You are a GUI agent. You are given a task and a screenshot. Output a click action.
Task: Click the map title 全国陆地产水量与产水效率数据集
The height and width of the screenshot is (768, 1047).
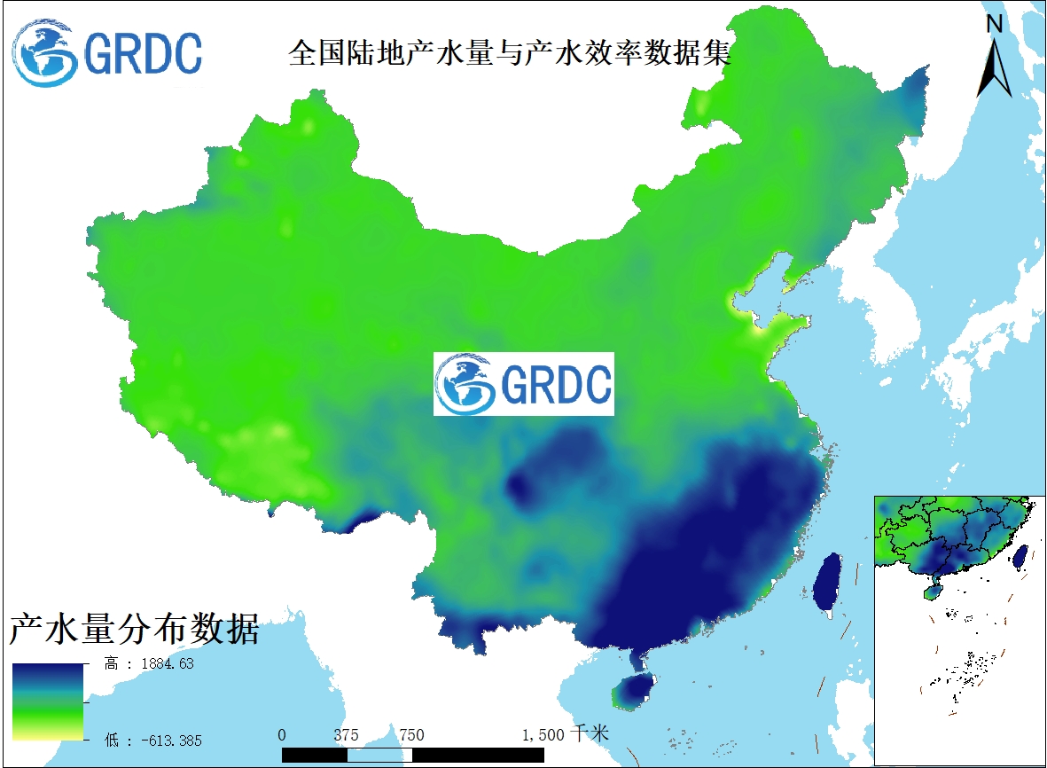click(510, 52)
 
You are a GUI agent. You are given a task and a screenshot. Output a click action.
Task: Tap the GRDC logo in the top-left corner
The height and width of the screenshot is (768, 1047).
click(107, 52)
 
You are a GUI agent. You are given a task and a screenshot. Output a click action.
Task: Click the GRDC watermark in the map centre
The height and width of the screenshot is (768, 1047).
click(523, 384)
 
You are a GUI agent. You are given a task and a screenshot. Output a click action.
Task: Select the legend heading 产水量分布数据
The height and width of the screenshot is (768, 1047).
click(134, 630)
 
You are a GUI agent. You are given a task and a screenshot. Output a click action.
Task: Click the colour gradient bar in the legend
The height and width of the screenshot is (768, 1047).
click(48, 701)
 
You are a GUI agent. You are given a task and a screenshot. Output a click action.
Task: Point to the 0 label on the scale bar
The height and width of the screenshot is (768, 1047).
click(282, 734)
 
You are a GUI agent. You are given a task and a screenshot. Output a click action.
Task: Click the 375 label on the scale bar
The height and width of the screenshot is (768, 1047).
click(347, 734)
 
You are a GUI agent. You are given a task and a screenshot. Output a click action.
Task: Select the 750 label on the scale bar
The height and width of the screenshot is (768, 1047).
click(411, 734)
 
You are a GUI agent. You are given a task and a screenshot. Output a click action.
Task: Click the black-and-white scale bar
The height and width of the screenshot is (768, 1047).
click(412, 755)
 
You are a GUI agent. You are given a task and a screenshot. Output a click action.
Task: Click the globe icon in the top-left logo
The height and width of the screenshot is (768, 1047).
click(47, 53)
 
